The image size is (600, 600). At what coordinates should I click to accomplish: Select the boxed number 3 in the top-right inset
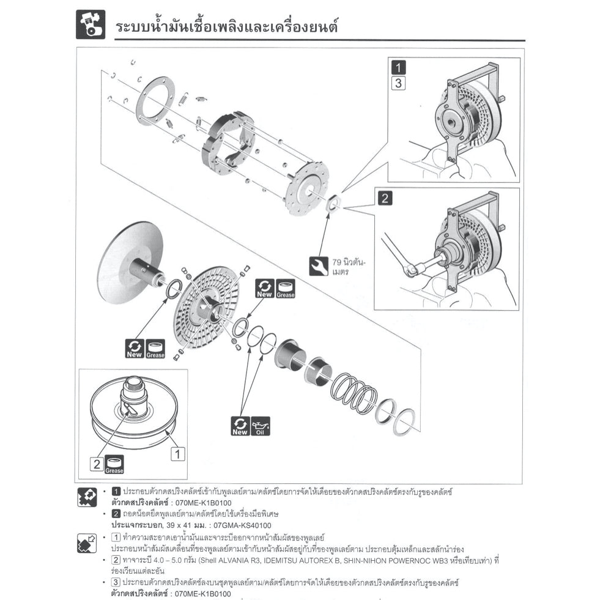(398, 83)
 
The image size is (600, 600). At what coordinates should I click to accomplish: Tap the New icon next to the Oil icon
(240, 426)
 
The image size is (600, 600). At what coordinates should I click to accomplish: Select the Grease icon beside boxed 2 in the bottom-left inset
(114, 465)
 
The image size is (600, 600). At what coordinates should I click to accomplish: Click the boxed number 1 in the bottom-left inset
(177, 454)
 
